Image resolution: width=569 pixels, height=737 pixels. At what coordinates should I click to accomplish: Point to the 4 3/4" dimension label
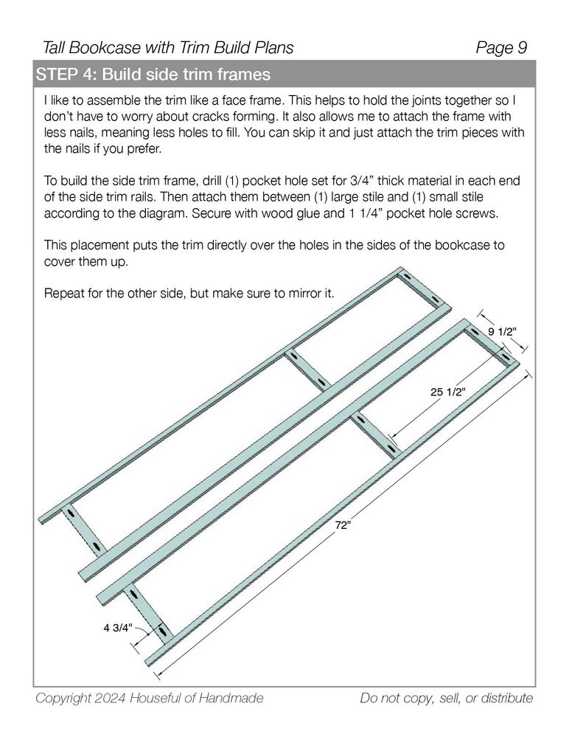[116, 629]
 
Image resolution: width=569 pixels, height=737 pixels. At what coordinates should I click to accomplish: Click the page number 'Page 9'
[501, 49]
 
